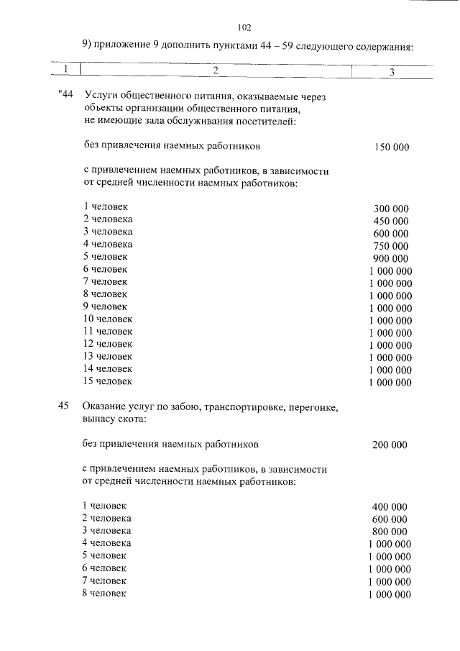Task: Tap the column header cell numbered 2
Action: pos(215,70)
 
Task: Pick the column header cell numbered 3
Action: pos(392,70)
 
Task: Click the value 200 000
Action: pos(390,445)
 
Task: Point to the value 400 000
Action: pos(390,506)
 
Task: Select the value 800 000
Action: pos(390,531)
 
